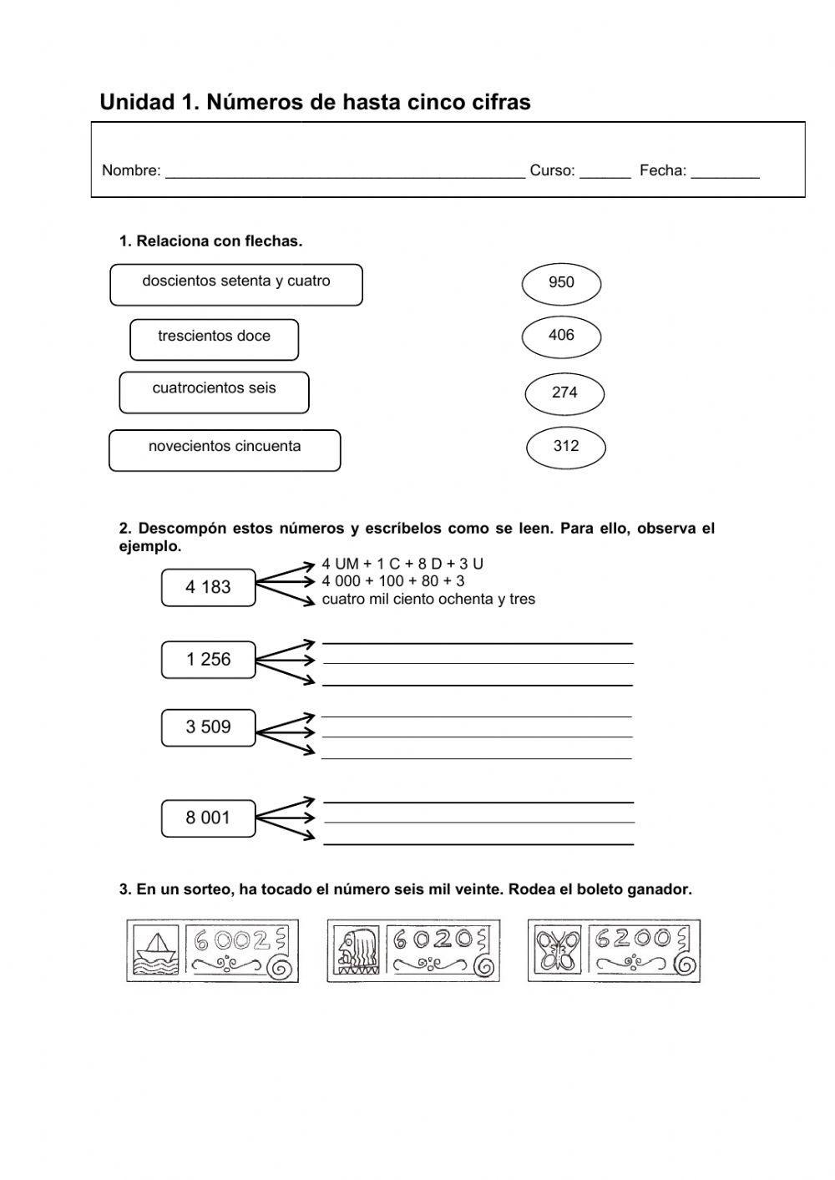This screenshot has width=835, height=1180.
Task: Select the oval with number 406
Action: [x=561, y=337]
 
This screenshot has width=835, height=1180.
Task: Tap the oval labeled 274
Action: [x=564, y=393]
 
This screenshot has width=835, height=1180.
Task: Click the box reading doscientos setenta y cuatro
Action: [x=236, y=285]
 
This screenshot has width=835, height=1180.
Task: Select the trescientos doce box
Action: [x=214, y=339]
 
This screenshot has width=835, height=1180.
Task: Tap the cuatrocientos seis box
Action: [x=214, y=392]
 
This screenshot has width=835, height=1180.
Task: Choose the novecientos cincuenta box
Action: [x=225, y=450]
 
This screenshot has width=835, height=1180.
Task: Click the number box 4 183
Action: [x=208, y=587]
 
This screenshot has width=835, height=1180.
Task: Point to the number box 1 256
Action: [x=208, y=660]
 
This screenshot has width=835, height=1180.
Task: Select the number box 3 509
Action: [x=208, y=727]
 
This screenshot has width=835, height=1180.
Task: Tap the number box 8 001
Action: [x=208, y=818]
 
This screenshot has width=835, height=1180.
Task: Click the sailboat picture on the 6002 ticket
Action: [x=155, y=950]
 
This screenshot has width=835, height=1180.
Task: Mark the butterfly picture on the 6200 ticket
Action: [x=557, y=950]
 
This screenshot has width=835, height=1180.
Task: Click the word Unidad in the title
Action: [x=136, y=103]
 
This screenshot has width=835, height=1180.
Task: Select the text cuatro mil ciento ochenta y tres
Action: [x=428, y=600]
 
